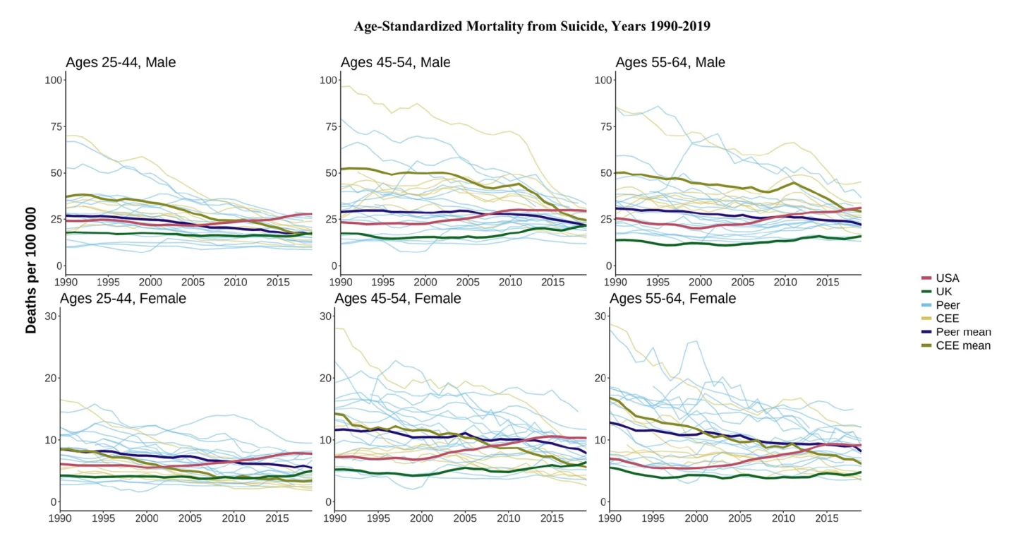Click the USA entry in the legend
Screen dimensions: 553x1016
[x=947, y=278]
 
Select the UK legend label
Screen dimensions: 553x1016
[x=943, y=292]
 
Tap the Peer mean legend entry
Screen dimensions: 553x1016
[x=963, y=332]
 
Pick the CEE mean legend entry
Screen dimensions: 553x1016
[x=963, y=345]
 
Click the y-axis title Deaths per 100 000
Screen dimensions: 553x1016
[x=32, y=270]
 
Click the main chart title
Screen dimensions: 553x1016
[x=532, y=27]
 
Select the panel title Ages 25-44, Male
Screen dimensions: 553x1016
[x=121, y=63]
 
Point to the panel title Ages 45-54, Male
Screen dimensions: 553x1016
[x=395, y=63]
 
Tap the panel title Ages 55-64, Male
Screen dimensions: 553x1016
[x=670, y=63]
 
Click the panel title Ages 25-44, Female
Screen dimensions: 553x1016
[x=123, y=299]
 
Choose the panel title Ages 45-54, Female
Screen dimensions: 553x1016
[x=398, y=299]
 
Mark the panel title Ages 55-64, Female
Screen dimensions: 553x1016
[x=672, y=299]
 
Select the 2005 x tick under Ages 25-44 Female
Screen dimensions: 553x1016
[x=190, y=519]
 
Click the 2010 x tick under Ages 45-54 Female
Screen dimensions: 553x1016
[x=509, y=519]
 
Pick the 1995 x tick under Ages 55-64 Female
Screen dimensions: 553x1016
[x=653, y=519]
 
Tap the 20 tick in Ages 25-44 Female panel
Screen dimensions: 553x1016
[x=51, y=378]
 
